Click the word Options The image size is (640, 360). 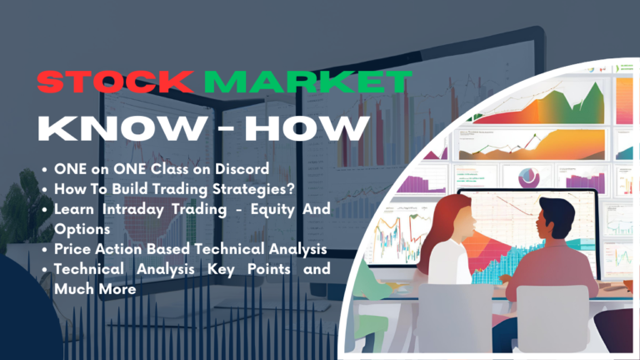82,227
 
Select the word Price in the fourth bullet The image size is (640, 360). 74,248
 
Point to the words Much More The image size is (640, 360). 94,287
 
